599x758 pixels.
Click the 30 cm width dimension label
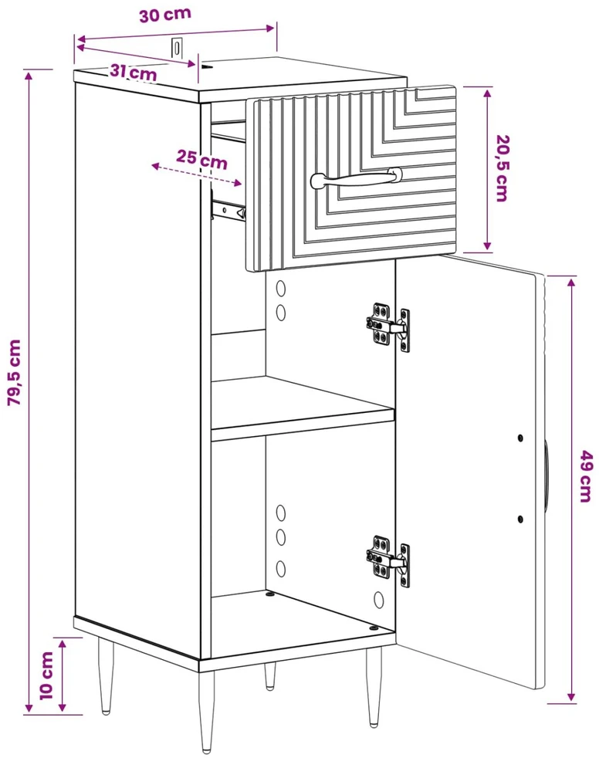(165, 15)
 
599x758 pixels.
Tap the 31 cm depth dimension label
(133, 72)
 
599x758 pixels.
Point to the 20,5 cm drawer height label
(503, 168)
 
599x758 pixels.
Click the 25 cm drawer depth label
(201, 159)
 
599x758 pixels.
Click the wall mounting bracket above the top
(178, 47)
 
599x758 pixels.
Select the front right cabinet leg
(374, 686)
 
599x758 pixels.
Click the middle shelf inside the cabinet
(303, 409)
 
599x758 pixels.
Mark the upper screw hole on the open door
(520, 438)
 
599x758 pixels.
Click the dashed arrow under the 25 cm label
(196, 174)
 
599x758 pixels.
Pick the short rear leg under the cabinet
(270, 675)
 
